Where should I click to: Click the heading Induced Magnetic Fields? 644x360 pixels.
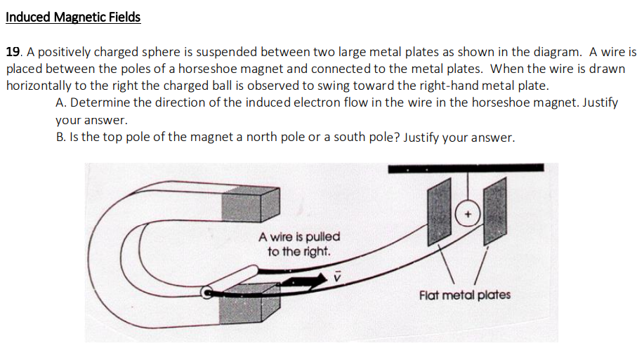(73, 18)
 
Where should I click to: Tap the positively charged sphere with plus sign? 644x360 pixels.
(468, 213)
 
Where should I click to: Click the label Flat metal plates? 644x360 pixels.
(464, 295)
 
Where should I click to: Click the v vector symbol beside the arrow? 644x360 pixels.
(336, 276)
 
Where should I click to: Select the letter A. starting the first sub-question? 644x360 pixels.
(60, 103)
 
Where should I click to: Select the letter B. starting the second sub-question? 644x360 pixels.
(60, 138)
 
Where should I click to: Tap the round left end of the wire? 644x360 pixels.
(209, 293)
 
